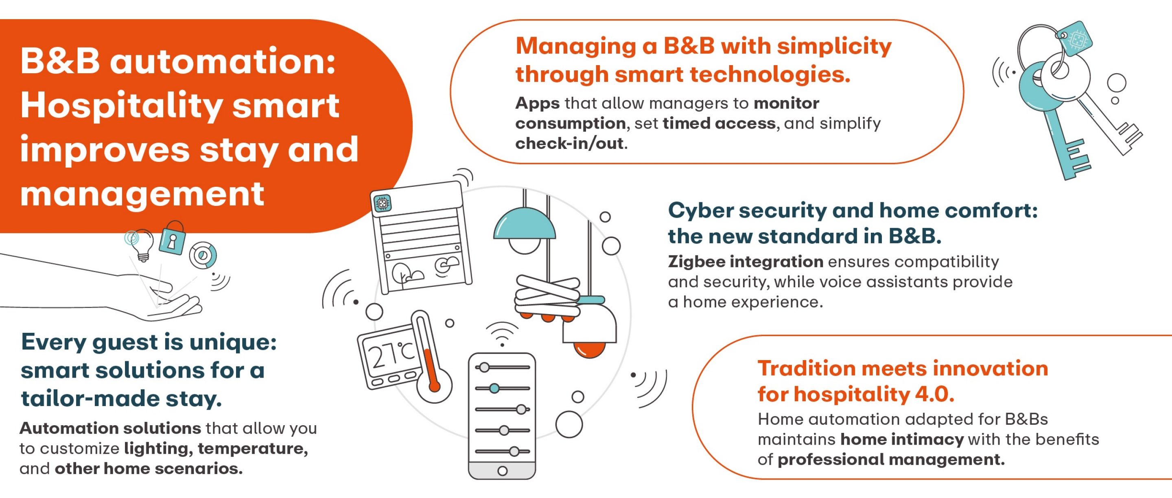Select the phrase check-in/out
(569, 144)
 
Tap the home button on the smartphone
(502, 471)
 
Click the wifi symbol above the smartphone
(502, 334)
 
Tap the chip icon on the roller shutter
(382, 203)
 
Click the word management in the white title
(142, 194)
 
